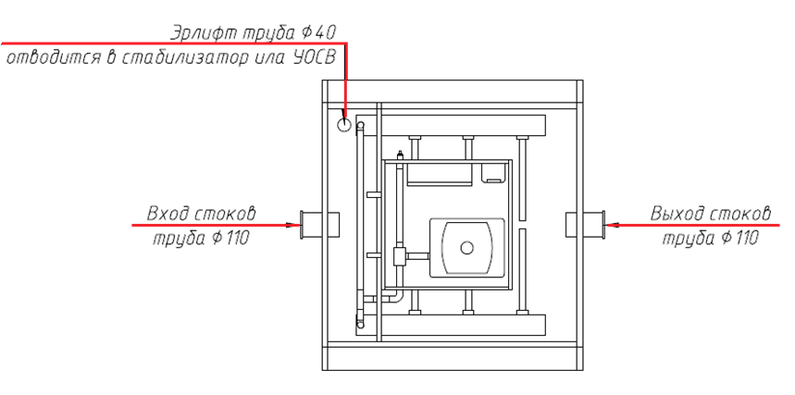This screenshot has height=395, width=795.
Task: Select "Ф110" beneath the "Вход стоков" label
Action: (x=230, y=239)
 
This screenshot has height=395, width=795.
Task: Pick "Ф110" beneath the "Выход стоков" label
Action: (x=738, y=239)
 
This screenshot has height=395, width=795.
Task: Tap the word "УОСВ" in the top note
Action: (x=312, y=58)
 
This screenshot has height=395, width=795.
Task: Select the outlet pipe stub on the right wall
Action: (x=583, y=224)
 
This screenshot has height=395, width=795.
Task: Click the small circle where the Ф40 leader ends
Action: (x=345, y=125)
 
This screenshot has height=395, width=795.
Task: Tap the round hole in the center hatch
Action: (x=467, y=247)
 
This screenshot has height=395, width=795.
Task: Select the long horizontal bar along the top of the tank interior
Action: (x=463, y=125)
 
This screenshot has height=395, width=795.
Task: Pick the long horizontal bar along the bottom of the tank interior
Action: (x=463, y=325)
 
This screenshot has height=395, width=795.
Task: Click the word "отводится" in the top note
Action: (x=51, y=58)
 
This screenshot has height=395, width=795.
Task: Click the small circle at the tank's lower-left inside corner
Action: (x=360, y=324)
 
